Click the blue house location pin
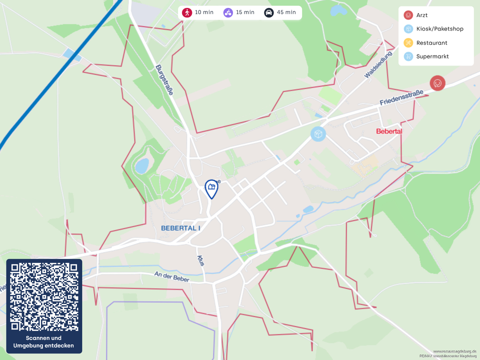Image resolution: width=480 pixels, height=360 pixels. pos(211,188)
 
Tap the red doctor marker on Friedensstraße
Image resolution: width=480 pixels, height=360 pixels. pos(437,83)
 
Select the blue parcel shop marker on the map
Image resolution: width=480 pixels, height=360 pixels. pos(318,134)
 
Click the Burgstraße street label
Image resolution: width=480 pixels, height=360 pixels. pos(164,80)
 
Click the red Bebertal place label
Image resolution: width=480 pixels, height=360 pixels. pos(389,131)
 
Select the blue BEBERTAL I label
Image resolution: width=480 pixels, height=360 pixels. pos(180,228)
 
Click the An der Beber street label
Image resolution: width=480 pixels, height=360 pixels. pos(171,277)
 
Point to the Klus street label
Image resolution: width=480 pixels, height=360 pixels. pos(200,260)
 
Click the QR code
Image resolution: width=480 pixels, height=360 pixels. pos(44,296)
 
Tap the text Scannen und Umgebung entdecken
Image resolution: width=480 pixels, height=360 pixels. pos(44,342)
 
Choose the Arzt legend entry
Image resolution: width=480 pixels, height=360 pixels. pos(421,15)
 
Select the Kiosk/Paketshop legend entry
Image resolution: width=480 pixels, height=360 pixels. pos(439,29)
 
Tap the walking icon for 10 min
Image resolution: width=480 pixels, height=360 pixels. pos(187,12)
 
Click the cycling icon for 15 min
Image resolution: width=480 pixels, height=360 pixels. pos(228,12)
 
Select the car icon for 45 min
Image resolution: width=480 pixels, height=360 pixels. pos(269,12)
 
